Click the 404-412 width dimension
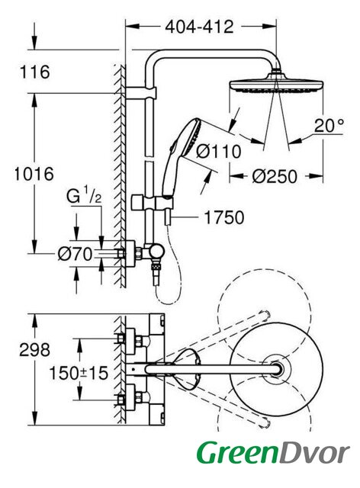click(199, 27)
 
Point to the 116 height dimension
click(35, 72)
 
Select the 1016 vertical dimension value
click(34, 174)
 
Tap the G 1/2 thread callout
click(84, 196)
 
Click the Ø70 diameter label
click(76, 254)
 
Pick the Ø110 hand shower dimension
click(219, 152)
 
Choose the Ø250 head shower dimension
click(275, 177)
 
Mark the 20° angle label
click(329, 126)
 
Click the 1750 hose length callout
click(224, 217)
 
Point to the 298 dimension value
click(34, 349)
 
